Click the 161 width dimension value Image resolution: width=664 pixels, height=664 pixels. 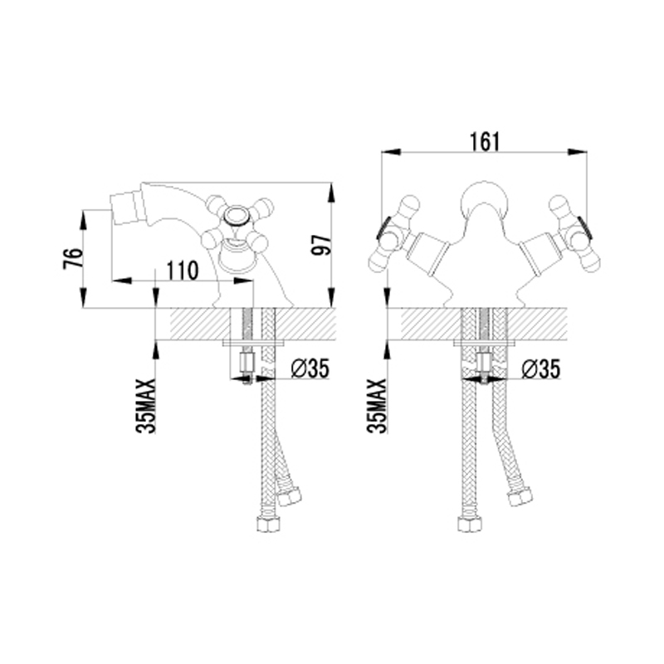[485, 141]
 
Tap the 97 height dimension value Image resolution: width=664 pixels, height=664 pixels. [321, 245]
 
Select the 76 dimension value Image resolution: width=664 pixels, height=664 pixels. [73, 259]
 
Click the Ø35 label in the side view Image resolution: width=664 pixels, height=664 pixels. [310, 369]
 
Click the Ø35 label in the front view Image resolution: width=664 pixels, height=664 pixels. [541, 369]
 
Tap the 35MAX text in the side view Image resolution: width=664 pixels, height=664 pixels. [146, 406]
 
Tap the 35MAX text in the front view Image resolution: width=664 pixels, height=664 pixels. [377, 406]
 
